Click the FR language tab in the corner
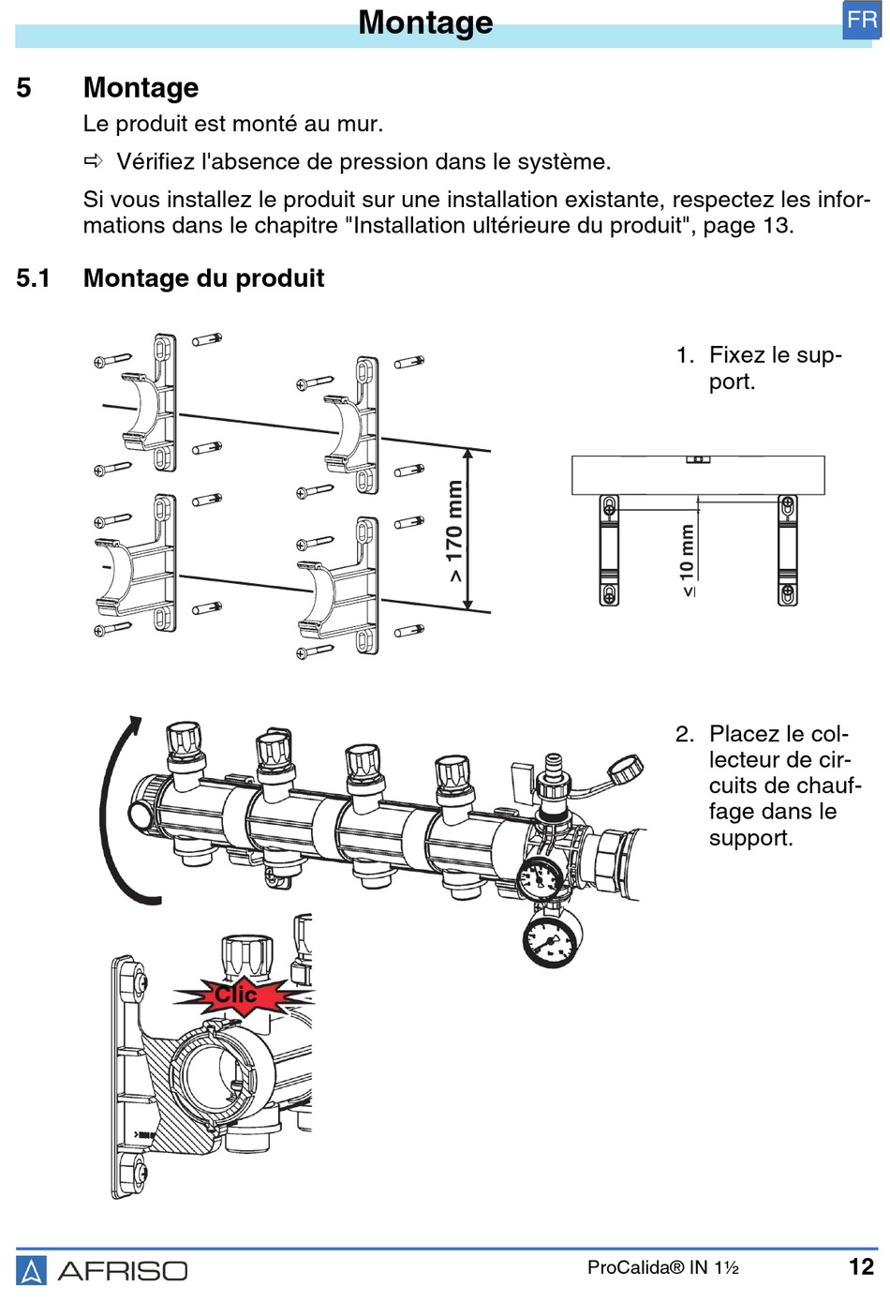[x=861, y=21]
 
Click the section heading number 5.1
[x=33, y=278]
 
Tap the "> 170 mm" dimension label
[x=454, y=531]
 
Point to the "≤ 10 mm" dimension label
[x=688, y=560]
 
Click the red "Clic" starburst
[x=237, y=995]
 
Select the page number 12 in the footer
[x=861, y=1267]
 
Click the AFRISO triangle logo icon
[x=31, y=1270]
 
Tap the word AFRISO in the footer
[x=123, y=1271]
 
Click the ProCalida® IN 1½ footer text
[x=662, y=1268]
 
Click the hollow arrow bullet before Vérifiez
[x=94, y=161]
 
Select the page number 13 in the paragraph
[x=777, y=226]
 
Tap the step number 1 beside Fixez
[x=684, y=355]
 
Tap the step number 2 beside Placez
[x=684, y=734]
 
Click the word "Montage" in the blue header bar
[x=425, y=22]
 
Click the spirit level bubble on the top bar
[x=698, y=459]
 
